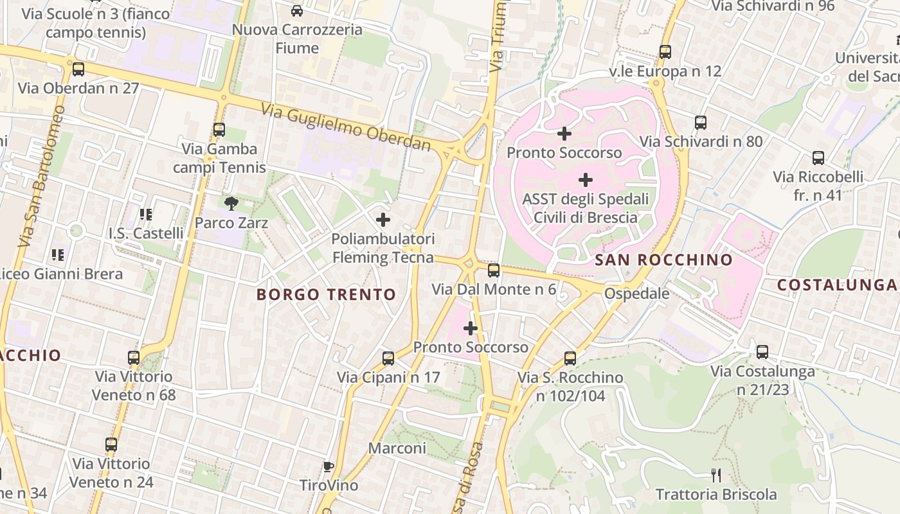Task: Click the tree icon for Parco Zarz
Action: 231,204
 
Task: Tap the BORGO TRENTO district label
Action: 326,295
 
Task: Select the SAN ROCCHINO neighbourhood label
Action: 663,260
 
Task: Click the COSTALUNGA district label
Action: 837,285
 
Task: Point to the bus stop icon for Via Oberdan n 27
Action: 78,69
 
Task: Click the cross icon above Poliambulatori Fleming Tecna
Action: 383,220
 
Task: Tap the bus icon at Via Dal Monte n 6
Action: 494,270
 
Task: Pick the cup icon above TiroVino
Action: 328,466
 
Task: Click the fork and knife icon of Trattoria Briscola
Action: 716,475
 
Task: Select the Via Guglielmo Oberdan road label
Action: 346,127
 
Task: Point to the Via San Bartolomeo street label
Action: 41,177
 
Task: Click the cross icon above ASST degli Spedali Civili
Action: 586,180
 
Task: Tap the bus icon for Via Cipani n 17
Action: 388,358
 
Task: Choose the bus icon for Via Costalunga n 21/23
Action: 762,351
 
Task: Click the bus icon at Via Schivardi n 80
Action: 701,122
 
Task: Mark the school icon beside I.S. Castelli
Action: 146,214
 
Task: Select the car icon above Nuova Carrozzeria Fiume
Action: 297,10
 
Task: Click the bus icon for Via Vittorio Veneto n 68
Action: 134,357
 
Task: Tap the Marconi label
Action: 397,448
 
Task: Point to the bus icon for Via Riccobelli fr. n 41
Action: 818,157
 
